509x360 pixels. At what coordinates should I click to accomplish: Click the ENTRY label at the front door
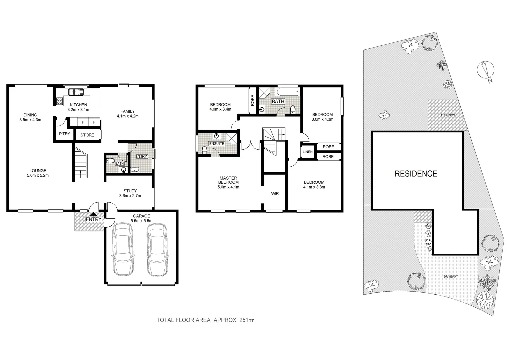pos(94,219)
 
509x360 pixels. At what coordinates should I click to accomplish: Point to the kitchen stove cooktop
pos(60,100)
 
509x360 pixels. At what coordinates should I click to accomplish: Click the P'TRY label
pos(64,134)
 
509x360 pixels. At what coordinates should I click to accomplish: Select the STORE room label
pos(87,135)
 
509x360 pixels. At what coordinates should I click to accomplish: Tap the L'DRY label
pos(141,156)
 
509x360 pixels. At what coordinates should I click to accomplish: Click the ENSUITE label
pos(217,144)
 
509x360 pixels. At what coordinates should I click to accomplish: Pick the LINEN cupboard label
pos(307,152)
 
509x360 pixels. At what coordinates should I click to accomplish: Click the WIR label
pos(275,194)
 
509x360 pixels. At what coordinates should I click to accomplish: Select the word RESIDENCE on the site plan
pos(416,174)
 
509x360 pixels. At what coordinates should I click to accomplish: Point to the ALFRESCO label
pos(447,115)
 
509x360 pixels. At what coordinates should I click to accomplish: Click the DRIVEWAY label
pos(451,277)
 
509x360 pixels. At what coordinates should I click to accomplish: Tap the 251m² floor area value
pos(247,320)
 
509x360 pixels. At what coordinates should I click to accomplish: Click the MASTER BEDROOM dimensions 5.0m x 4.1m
pos(228,187)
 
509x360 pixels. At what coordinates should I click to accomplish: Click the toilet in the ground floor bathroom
pos(110,161)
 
